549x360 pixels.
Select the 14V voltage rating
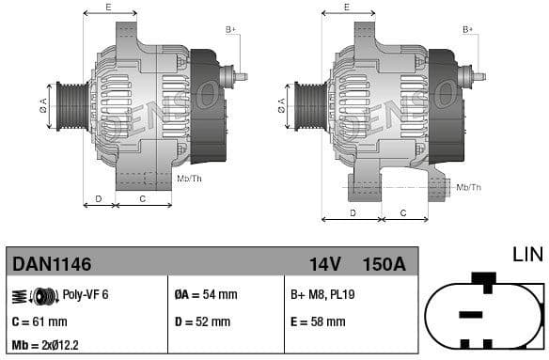(x=325, y=264)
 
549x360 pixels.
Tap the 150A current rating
(x=384, y=264)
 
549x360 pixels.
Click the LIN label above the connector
(x=527, y=255)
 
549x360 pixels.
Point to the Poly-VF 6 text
(x=86, y=295)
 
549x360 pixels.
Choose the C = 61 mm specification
(x=39, y=321)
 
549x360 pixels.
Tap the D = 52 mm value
(x=202, y=321)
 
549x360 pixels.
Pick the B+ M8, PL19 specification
(x=322, y=295)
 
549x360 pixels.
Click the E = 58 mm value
(x=318, y=321)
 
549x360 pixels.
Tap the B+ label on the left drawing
(x=230, y=30)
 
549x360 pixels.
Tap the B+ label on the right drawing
(x=468, y=30)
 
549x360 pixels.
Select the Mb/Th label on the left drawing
(x=189, y=178)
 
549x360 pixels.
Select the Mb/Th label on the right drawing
(x=468, y=187)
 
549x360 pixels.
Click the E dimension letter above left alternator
(x=108, y=8)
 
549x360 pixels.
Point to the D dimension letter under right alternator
(x=352, y=212)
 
